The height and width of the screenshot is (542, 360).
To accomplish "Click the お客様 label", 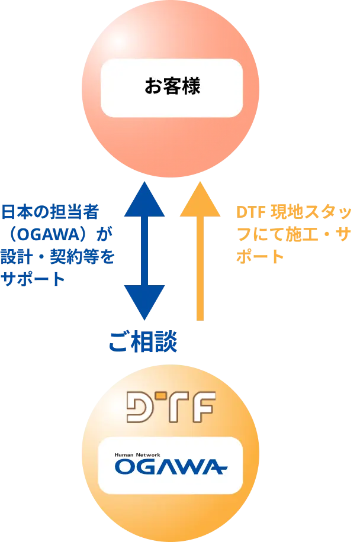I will coord(172,87).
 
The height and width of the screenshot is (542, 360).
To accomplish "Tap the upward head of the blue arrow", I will coord(145,200).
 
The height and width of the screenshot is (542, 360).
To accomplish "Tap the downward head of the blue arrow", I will coord(145,303).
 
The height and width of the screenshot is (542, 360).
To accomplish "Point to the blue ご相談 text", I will coord(144,343).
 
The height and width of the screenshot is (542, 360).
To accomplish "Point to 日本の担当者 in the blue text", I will coord(51,211).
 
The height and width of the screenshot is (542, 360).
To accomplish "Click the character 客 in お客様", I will coord(172,87).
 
